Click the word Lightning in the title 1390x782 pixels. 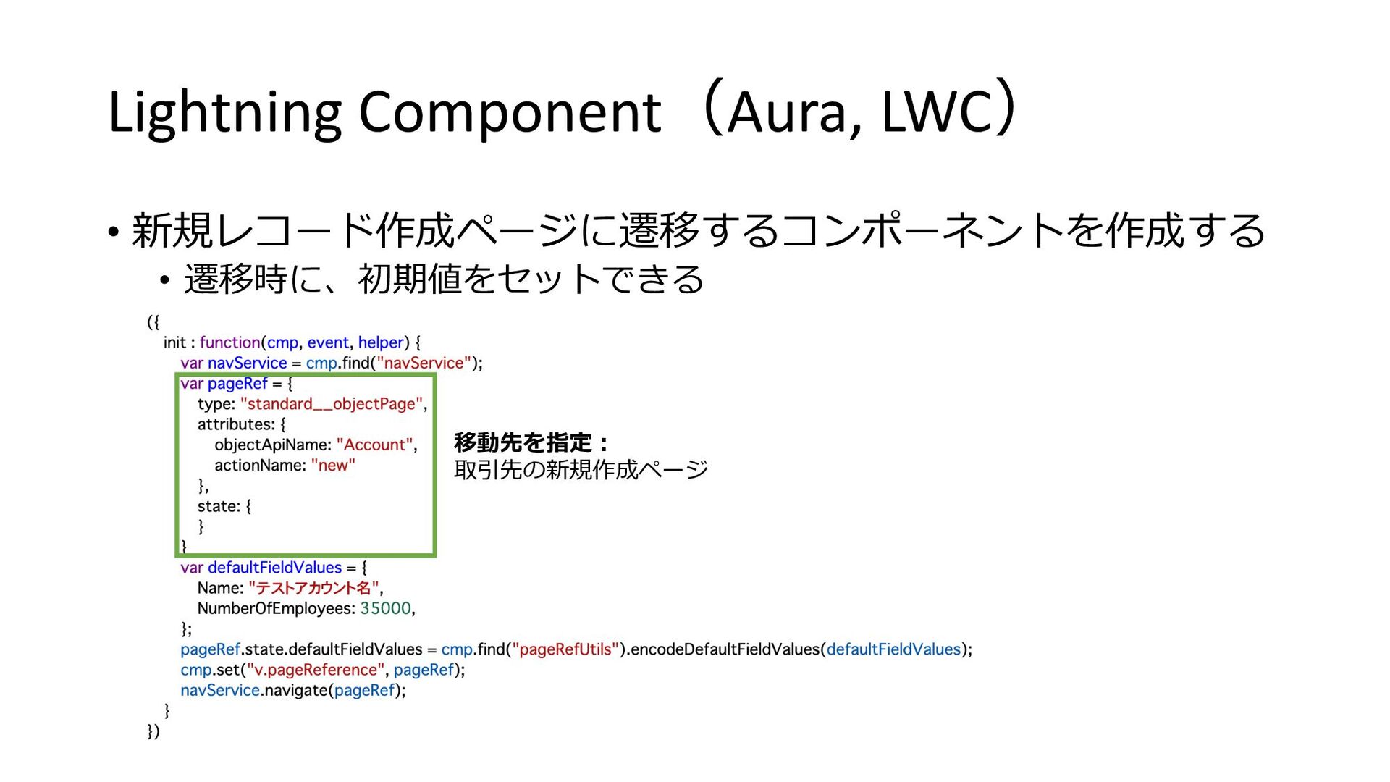(x=224, y=113)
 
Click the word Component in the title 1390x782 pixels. (x=510, y=113)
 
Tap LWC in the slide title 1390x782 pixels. (x=937, y=113)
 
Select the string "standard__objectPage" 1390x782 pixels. (x=332, y=404)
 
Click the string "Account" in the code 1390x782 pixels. (x=375, y=445)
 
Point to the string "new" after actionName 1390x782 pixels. (x=333, y=465)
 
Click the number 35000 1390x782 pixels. (x=386, y=608)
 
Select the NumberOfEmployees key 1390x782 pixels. (x=276, y=608)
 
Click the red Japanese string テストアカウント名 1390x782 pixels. (x=313, y=588)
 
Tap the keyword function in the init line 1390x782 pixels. (x=229, y=342)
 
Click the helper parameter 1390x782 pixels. (x=381, y=342)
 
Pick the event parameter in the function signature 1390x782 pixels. (x=328, y=342)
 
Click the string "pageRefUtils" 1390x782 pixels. (x=565, y=649)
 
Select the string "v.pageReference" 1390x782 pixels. (x=315, y=670)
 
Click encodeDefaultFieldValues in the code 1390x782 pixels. (x=725, y=649)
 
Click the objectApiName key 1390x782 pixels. (x=272, y=445)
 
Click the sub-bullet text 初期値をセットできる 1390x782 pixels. (x=530, y=279)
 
